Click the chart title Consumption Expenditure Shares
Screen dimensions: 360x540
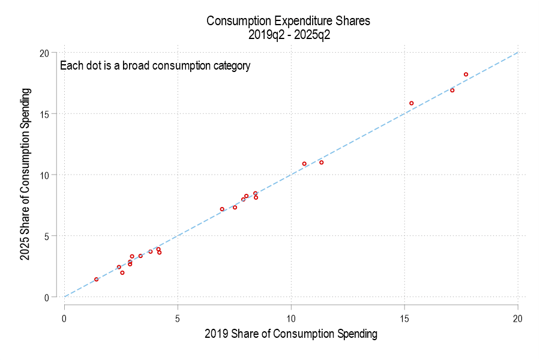pos(288,21)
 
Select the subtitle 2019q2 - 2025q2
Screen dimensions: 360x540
pos(288,35)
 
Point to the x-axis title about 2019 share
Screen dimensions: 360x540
pos(291,334)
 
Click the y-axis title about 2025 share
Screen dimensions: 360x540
pos(26,174)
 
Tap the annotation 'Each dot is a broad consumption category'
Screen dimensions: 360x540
pos(155,66)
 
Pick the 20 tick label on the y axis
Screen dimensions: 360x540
pos(44,53)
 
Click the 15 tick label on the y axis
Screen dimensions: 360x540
pos(44,114)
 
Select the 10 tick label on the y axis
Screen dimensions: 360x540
pos(44,175)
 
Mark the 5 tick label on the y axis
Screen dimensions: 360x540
pos(46,236)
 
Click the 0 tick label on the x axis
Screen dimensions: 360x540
pos(64,318)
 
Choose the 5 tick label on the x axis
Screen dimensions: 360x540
pos(178,318)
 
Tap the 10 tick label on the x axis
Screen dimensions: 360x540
pos(291,318)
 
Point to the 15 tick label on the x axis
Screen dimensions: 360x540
pos(404,318)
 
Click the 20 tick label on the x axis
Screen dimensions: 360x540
pos(518,318)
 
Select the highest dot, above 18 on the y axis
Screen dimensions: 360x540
pos(466,74)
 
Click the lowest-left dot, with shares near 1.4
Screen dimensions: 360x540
pos(96,280)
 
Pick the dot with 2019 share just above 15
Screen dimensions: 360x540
pos(412,103)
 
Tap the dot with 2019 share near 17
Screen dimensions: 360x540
pos(452,90)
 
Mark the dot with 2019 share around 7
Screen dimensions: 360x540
pos(222,209)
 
